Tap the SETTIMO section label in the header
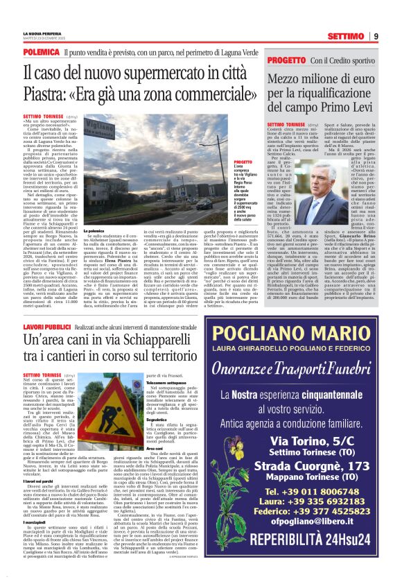tap(346, 35)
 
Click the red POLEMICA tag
tap(41, 52)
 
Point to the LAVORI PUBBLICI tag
tap(46, 325)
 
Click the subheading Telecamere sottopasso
tap(166, 382)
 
